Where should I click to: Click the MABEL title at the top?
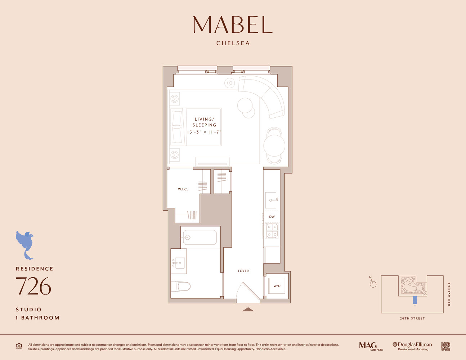point(233,24)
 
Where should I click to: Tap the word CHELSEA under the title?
point(233,43)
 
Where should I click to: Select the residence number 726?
point(33,286)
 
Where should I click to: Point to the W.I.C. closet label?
point(183,189)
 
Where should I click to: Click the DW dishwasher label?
point(272,217)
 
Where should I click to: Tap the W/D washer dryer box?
point(277,286)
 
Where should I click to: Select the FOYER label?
point(243,271)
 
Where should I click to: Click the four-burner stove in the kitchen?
point(272,231)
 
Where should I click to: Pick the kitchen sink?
point(271,200)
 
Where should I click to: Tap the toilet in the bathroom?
point(181,287)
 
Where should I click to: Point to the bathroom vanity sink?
point(179,263)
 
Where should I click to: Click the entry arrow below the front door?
point(248,309)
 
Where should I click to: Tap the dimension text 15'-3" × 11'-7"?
point(204,132)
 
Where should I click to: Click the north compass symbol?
point(373,284)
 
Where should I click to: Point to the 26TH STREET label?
point(412,318)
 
